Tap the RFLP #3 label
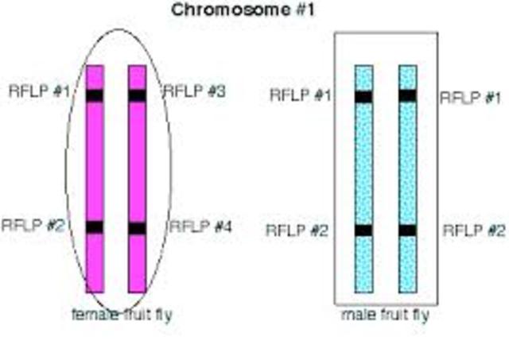[195, 91]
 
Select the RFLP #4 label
[200, 227]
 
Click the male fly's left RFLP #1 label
[301, 96]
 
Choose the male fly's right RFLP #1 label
[472, 97]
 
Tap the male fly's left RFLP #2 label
[297, 231]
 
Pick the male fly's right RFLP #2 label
[474, 231]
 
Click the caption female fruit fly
[122, 315]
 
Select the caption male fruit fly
[385, 315]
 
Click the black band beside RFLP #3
[137, 95]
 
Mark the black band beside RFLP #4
[137, 228]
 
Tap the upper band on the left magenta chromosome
[95, 95]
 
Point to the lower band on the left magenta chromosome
[95, 227]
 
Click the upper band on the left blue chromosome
[364, 97]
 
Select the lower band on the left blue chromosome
[364, 230]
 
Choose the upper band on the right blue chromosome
[408, 95]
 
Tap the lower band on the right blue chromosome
[408, 230]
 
